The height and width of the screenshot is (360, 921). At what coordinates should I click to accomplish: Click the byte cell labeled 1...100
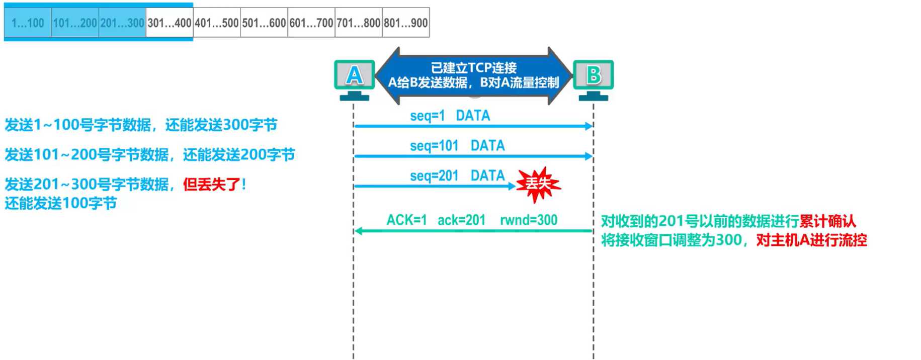28,23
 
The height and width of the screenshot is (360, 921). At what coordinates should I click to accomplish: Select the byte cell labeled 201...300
122,23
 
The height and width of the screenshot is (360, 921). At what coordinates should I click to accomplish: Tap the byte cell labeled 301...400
170,23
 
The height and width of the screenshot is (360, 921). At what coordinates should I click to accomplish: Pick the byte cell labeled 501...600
264,23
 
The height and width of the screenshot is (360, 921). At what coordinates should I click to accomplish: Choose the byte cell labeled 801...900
406,23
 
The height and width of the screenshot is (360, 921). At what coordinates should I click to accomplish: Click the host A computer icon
355,78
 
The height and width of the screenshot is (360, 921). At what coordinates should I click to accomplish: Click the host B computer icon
594,78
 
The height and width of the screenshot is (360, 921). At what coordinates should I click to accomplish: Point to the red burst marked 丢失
538,184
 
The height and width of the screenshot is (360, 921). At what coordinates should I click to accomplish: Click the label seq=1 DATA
450,116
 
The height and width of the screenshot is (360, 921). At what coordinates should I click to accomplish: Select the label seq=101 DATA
457,146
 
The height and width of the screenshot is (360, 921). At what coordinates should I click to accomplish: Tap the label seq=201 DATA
457,175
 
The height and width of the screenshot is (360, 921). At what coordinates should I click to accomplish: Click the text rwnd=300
528,220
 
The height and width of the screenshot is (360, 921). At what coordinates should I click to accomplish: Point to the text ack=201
461,220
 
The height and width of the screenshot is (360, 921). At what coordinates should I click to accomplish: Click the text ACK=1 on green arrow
406,220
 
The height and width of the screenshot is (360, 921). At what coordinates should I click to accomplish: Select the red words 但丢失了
214,184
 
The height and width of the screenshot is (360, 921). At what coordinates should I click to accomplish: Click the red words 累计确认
827,221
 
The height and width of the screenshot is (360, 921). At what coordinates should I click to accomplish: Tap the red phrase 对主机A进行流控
811,240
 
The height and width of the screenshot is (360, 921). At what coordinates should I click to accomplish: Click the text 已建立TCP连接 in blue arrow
473,67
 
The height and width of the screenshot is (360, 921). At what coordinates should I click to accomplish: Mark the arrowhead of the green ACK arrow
358,231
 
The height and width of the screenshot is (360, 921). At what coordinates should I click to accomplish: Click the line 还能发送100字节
61,203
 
